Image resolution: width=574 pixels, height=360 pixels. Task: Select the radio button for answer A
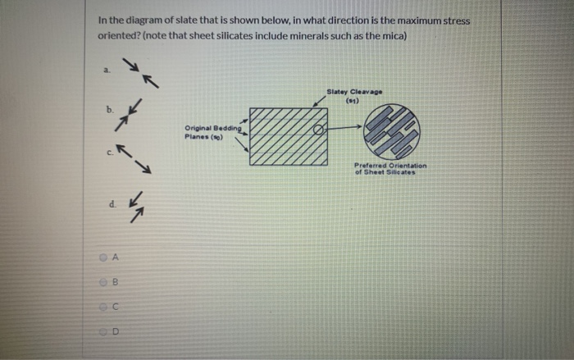104,257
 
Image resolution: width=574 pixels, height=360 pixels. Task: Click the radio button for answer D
104,332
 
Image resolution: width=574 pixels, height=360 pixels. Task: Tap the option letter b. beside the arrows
107,109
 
